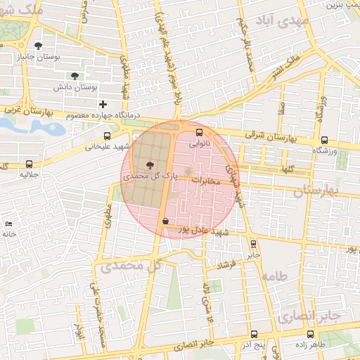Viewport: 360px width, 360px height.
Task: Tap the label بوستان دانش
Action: [75, 87]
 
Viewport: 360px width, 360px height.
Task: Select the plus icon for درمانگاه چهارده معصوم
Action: [103, 104]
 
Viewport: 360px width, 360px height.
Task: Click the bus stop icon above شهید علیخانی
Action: [107, 136]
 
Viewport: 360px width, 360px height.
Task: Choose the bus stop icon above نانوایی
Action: [199, 131]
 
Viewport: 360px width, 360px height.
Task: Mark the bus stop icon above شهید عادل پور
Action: [165, 221]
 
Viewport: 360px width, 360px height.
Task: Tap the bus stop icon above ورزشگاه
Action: [324, 140]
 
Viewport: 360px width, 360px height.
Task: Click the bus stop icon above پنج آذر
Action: [253, 334]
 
